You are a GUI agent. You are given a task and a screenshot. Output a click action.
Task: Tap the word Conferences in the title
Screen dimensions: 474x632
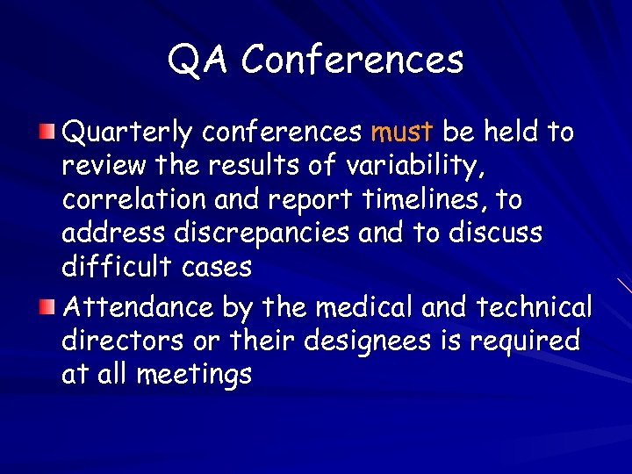(x=352, y=60)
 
